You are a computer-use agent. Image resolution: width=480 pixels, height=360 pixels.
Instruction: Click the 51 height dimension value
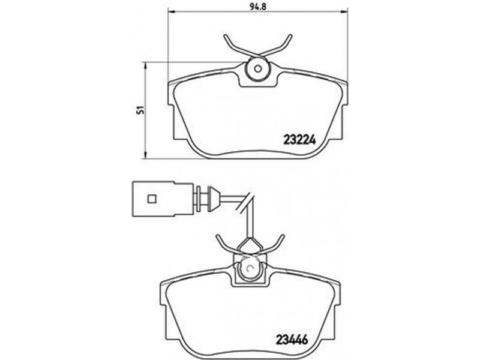[140, 110]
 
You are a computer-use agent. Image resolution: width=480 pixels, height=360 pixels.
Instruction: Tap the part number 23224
[299, 140]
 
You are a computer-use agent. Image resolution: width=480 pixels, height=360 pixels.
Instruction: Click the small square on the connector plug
[152, 199]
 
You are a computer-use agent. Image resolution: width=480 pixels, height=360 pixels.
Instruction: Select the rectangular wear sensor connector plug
[163, 199]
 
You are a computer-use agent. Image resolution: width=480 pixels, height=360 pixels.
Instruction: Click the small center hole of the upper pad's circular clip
[258, 69]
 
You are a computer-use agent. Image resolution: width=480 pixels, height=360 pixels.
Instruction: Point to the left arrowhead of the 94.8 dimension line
[171, 12]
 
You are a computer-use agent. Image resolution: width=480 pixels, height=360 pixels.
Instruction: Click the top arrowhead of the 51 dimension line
[146, 65]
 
